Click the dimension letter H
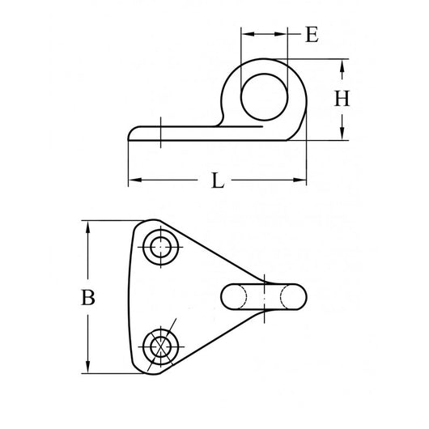tap(342, 99)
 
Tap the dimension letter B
tap(90, 297)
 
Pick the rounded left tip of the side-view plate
tap(132, 132)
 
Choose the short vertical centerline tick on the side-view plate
tap(163, 133)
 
